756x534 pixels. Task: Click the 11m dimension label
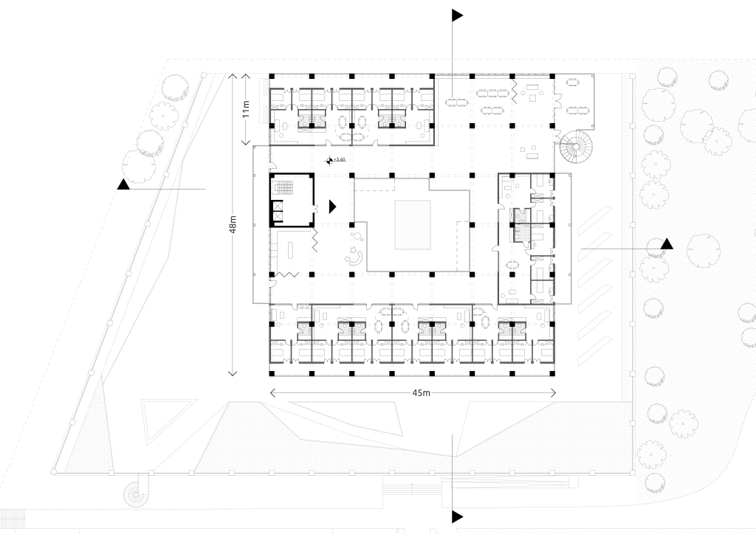tap(247, 109)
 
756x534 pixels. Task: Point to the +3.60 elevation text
tap(340, 159)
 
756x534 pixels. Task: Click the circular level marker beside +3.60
tap(329, 160)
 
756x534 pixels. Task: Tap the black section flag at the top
tap(457, 15)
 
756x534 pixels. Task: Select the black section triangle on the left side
tap(124, 184)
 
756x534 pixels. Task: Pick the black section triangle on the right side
tap(667, 244)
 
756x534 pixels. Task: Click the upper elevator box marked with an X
tap(277, 207)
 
